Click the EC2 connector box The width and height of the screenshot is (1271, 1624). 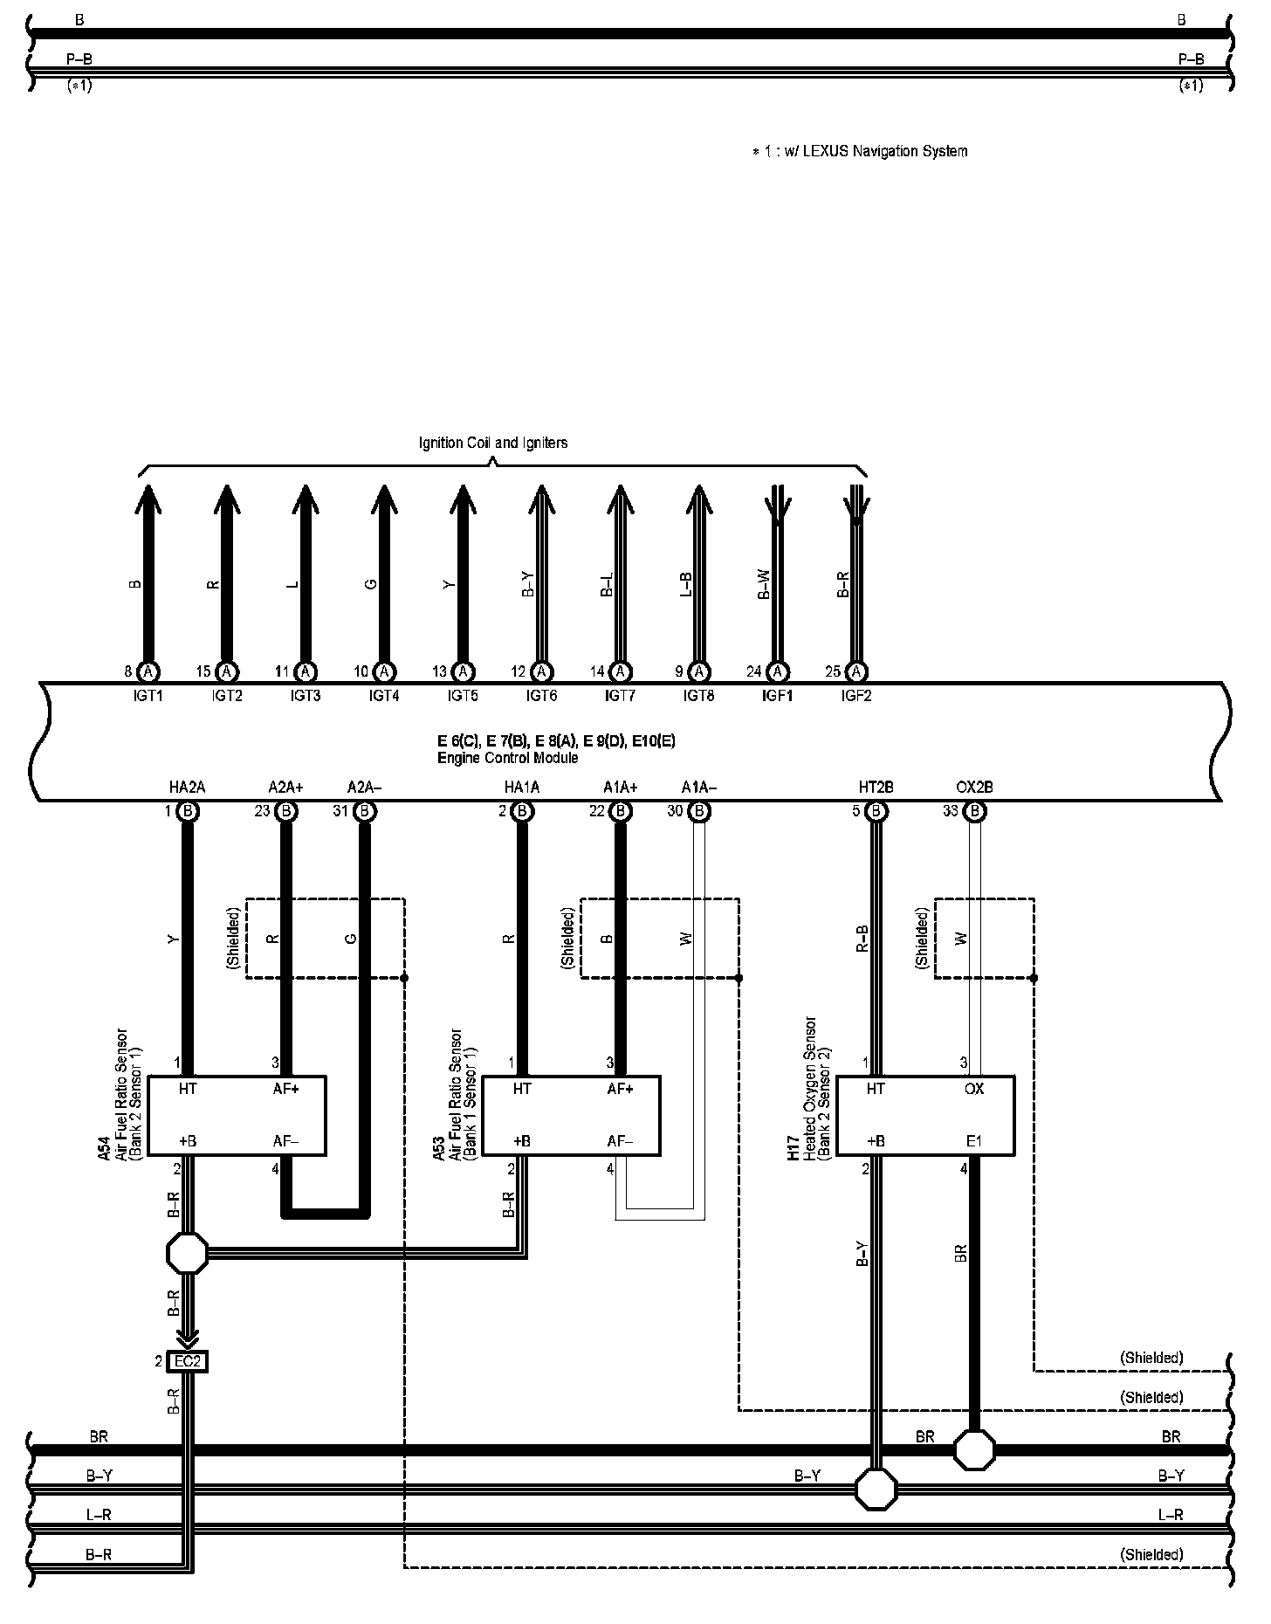(189, 1360)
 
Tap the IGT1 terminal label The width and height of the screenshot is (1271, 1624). (148, 696)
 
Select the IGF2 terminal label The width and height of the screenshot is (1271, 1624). (856, 696)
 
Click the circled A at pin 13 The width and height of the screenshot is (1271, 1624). (464, 671)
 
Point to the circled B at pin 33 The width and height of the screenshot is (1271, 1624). (975, 811)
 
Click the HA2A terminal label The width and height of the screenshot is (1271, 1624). (187, 788)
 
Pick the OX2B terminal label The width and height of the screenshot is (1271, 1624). (974, 788)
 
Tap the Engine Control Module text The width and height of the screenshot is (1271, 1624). (507, 758)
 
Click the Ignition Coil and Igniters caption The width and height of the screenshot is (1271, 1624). (493, 443)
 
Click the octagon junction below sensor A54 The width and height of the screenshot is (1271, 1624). (188, 1254)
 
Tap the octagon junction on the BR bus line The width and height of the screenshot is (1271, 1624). (974, 1450)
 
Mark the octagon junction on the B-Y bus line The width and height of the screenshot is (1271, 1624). (876, 1489)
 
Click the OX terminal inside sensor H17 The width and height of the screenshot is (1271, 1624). (974, 1089)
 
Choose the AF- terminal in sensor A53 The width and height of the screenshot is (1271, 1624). (620, 1141)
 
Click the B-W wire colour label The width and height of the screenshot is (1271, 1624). (764, 584)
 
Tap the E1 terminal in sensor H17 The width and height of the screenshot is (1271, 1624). (974, 1141)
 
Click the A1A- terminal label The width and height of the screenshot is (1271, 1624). (699, 788)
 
